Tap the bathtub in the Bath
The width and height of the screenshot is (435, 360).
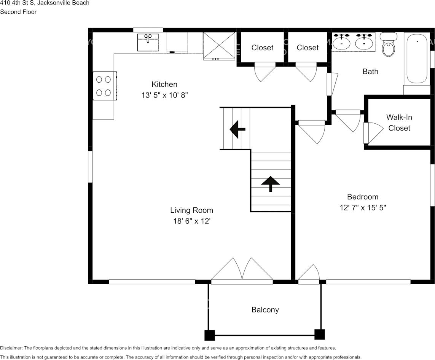[417, 59]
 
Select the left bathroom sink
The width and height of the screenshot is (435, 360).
[341, 41]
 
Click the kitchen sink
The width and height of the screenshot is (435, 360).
[148, 42]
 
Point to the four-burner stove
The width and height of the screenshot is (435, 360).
[104, 86]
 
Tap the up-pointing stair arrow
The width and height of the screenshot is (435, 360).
[270, 183]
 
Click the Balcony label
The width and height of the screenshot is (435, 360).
[265, 310]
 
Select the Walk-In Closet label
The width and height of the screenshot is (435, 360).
[399, 123]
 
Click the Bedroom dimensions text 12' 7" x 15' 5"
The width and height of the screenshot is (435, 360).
[363, 208]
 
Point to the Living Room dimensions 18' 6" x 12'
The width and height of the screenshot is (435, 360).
[191, 221]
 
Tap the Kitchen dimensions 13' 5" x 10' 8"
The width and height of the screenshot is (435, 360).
[164, 96]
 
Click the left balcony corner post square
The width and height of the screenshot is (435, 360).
[210, 335]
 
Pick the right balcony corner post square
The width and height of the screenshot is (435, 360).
[320, 335]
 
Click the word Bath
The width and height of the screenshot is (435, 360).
[370, 71]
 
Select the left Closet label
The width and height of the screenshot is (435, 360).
[262, 48]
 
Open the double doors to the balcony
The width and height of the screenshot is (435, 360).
[242, 272]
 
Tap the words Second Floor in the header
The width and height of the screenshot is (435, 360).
[18, 12]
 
